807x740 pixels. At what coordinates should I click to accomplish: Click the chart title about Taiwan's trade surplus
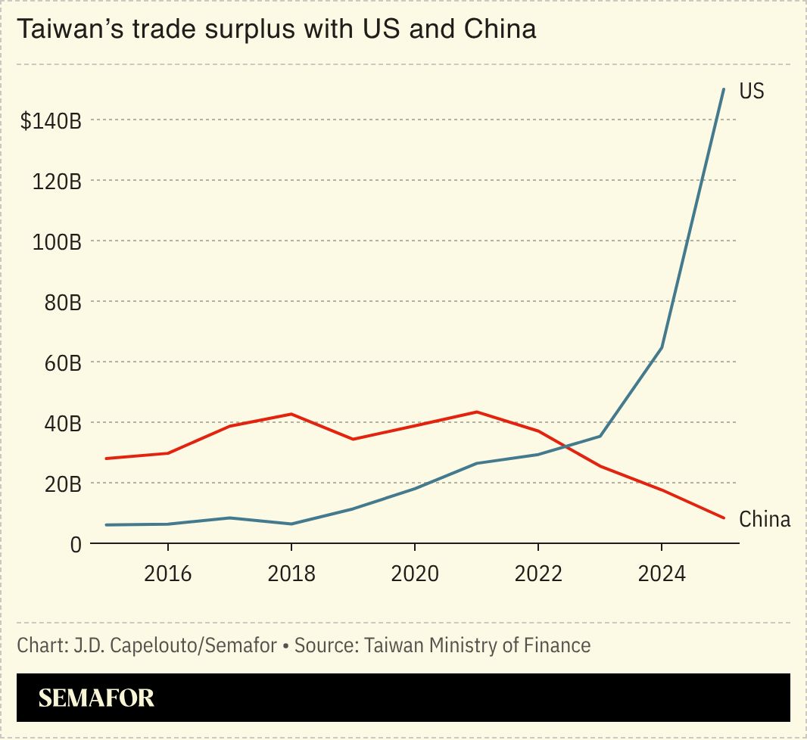click(x=276, y=30)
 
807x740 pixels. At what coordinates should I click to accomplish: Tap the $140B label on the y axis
click(x=51, y=120)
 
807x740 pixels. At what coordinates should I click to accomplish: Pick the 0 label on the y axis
click(x=76, y=544)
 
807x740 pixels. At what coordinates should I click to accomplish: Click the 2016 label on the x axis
click(x=167, y=574)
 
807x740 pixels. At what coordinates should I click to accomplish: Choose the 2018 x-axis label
click(x=291, y=574)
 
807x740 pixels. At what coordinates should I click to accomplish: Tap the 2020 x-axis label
click(x=414, y=574)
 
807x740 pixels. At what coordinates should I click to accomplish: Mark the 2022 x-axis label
click(x=537, y=574)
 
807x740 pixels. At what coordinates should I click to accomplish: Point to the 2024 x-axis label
click(x=661, y=574)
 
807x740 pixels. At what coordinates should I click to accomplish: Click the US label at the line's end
click(x=752, y=92)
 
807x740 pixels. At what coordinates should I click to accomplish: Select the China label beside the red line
click(x=765, y=520)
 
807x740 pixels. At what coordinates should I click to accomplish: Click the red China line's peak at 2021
click(x=476, y=412)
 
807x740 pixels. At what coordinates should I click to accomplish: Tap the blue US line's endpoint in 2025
click(x=724, y=89)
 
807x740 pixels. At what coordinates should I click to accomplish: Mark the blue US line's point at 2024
click(x=662, y=347)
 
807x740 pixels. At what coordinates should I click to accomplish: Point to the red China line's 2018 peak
click(x=291, y=414)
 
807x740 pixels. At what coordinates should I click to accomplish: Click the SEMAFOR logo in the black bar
click(x=96, y=698)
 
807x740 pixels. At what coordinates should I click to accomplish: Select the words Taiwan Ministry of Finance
click(x=477, y=645)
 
